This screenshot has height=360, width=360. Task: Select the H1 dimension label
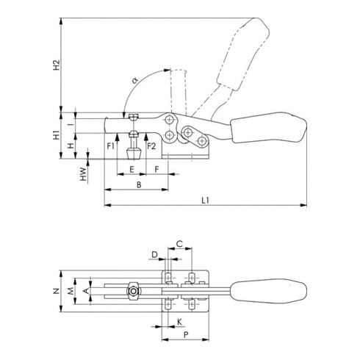click(57, 135)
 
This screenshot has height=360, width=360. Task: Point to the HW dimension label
click(84, 174)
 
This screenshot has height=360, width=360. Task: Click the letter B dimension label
click(139, 184)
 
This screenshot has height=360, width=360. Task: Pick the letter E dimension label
click(132, 168)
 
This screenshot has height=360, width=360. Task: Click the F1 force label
click(109, 146)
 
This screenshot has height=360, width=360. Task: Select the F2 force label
click(151, 146)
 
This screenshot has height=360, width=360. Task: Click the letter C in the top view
click(180, 243)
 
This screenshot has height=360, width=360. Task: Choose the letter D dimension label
click(154, 254)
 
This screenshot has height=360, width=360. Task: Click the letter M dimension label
click(71, 292)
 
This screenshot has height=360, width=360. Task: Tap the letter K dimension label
click(179, 323)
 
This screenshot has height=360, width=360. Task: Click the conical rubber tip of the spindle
click(133, 155)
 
